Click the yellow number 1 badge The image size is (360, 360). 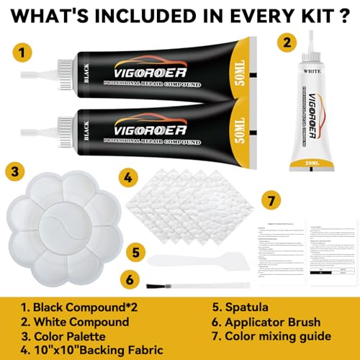coord(23,52)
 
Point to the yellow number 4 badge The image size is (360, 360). coord(127,176)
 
